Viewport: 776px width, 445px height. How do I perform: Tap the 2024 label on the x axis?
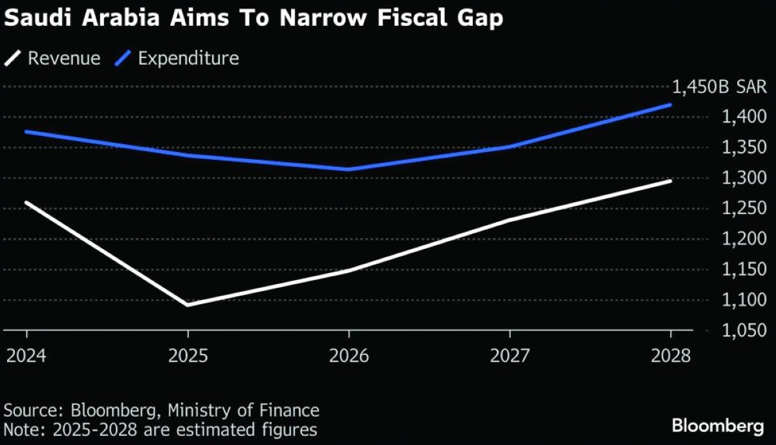click(27, 355)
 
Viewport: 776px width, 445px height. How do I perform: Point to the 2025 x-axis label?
click(188, 355)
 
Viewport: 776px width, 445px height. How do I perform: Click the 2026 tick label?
click(349, 355)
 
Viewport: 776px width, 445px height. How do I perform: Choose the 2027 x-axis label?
click(510, 355)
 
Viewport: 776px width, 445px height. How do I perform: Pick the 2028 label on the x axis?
click(671, 355)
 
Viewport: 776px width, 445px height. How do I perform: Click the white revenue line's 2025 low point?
click(188, 305)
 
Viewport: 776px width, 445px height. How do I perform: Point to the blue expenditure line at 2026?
click(349, 169)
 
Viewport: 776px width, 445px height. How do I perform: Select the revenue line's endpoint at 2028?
click(671, 180)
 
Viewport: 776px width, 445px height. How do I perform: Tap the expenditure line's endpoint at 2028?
click(671, 104)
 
